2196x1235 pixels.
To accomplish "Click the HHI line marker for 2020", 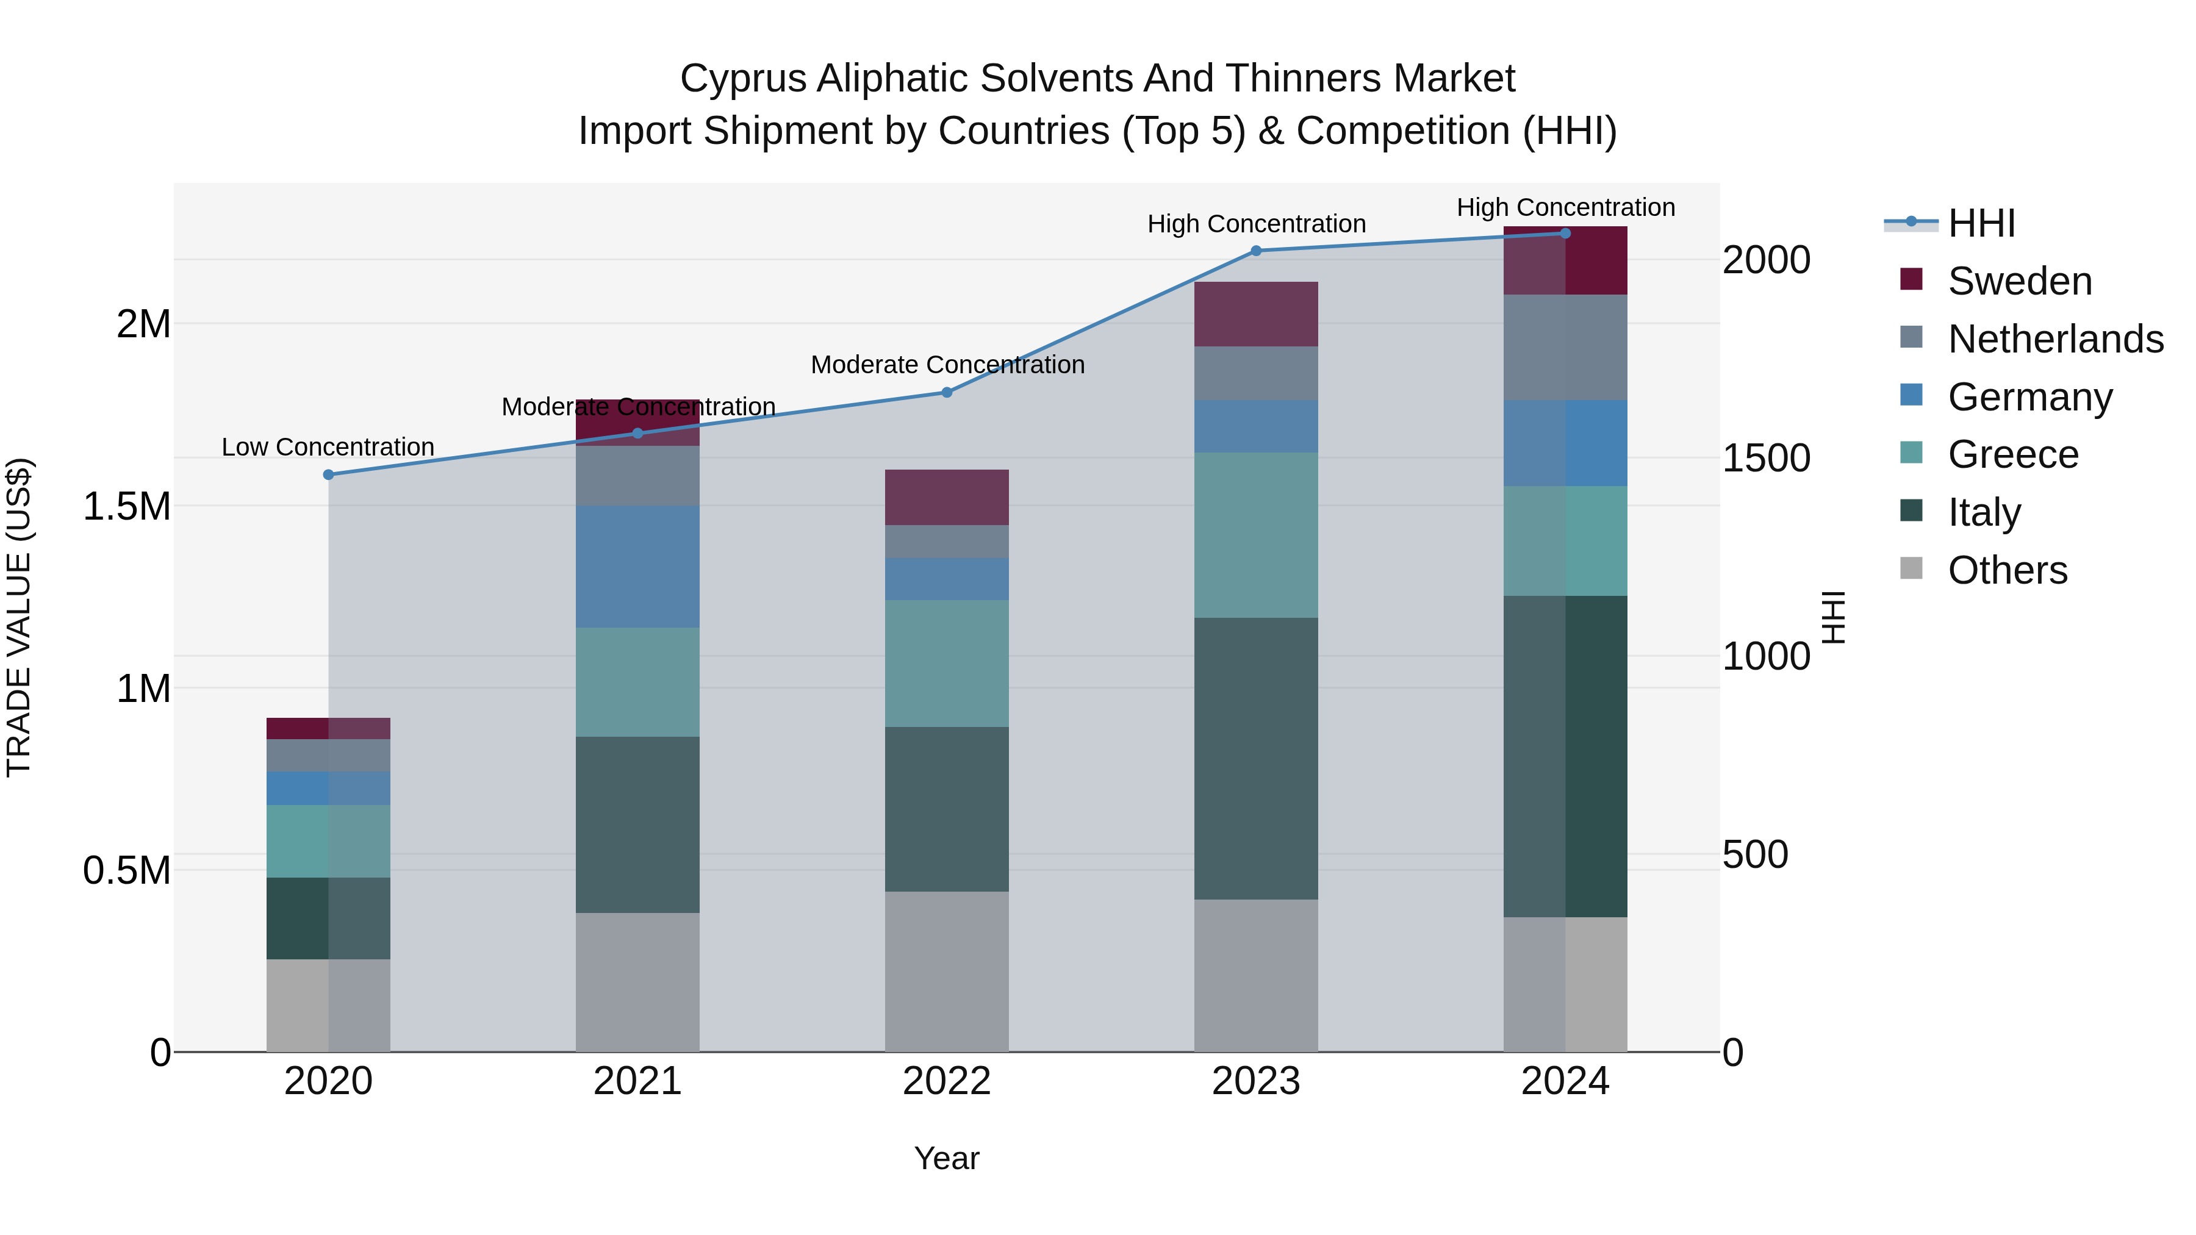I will (x=328, y=474).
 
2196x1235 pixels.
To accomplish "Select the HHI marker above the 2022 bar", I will (x=946, y=392).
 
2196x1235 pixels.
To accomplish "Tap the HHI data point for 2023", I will (x=1256, y=251).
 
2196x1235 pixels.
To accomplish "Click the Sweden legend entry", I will (x=2018, y=281).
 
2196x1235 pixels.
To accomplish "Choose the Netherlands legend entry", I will (x=2054, y=339).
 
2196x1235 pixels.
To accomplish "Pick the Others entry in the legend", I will (x=2007, y=570).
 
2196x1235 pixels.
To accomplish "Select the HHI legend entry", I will (x=1981, y=223).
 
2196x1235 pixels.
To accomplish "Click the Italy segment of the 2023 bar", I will (x=1256, y=759).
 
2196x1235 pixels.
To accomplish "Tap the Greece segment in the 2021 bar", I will (x=637, y=682).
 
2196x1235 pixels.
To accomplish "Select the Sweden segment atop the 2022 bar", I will (x=946, y=497).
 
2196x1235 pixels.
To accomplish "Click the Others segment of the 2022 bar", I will (x=946, y=972).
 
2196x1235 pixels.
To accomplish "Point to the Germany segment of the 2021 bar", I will (x=637, y=567).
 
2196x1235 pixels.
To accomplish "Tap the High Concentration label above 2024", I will (x=1565, y=207).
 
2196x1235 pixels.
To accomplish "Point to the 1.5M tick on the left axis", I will (x=126, y=506).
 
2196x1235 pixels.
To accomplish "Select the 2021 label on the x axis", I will (x=637, y=1081).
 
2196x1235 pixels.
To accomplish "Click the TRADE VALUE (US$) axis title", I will (x=19, y=617).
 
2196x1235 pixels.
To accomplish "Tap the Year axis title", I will (x=946, y=1158).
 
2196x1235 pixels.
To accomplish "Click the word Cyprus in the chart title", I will (x=742, y=79).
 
